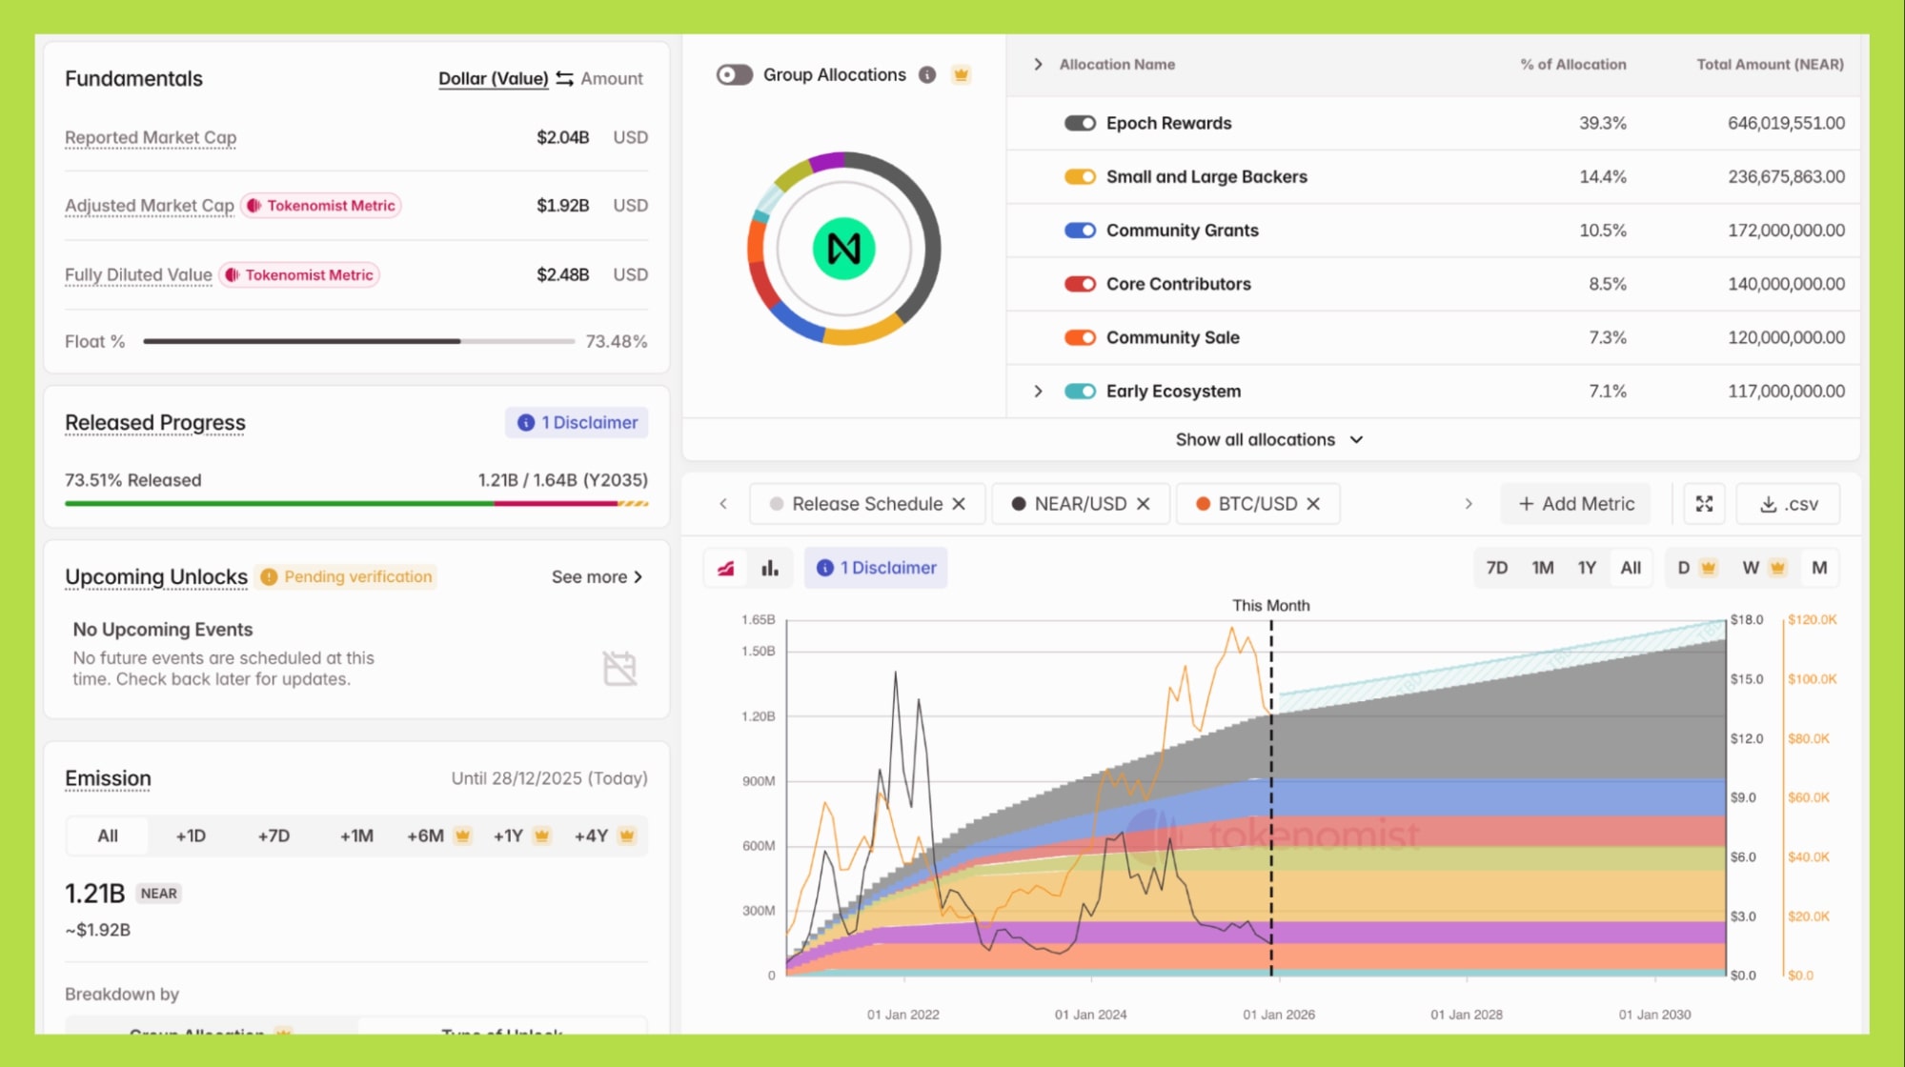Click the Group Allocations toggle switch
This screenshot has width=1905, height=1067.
pyautogui.click(x=734, y=74)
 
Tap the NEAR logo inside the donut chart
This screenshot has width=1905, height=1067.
pyautogui.click(x=843, y=249)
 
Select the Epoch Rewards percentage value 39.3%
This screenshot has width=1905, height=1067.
pyautogui.click(x=1602, y=123)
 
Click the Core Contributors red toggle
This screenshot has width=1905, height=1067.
pyautogui.click(x=1080, y=284)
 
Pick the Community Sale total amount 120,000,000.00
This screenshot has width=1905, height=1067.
pyautogui.click(x=1786, y=337)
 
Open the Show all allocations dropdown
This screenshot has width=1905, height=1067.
pyautogui.click(x=1268, y=439)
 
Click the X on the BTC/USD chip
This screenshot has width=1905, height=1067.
pyautogui.click(x=1313, y=504)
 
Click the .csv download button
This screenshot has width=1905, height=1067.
pyautogui.click(x=1788, y=504)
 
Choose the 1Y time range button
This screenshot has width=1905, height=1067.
pyautogui.click(x=1586, y=568)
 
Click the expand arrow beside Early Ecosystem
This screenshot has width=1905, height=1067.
pyautogui.click(x=1038, y=392)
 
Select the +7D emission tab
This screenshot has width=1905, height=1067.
pyautogui.click(x=274, y=835)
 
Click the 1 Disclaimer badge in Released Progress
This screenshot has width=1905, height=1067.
pyautogui.click(x=577, y=422)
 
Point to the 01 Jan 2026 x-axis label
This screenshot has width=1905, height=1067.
pyautogui.click(x=1278, y=1015)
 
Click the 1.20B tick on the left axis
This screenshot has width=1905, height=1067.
pyautogui.click(x=759, y=716)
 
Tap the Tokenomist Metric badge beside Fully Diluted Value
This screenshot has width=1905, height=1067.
pyautogui.click(x=299, y=274)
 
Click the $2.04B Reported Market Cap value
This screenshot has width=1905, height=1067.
pyautogui.click(x=562, y=137)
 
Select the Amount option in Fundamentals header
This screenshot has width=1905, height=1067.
pyautogui.click(x=611, y=78)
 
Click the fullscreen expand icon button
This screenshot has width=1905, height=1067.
pyautogui.click(x=1704, y=504)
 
